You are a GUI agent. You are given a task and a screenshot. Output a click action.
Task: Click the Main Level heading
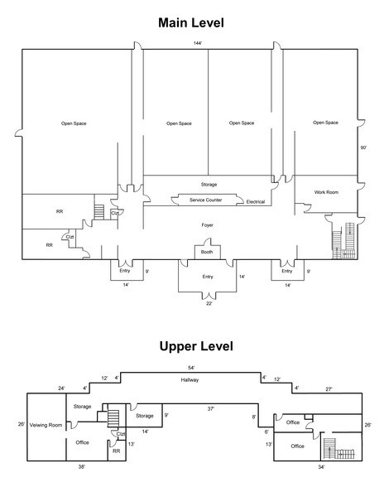191,22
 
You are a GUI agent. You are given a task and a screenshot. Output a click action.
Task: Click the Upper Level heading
196,346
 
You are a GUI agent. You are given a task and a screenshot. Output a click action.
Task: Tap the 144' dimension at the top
198,43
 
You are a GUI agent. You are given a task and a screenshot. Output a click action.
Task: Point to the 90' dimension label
363,147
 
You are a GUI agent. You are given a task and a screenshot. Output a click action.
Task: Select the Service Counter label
205,200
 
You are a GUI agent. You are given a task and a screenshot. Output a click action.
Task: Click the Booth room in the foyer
208,252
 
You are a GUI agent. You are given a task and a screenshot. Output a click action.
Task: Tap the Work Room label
326,192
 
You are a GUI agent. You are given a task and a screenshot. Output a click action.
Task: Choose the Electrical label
256,202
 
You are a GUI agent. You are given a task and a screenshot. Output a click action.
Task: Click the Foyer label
208,225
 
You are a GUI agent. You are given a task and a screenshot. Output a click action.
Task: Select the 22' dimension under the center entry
209,304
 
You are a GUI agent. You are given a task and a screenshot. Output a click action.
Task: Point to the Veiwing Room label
46,425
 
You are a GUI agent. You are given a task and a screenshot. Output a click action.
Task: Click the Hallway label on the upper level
190,380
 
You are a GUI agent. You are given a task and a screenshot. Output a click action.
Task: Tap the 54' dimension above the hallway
191,368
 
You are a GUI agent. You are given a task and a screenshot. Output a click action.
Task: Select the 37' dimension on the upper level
211,409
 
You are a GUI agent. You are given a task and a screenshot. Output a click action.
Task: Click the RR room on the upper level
117,451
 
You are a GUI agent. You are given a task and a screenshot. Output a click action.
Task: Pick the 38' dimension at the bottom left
82,466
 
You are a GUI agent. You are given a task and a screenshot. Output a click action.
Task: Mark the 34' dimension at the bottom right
321,467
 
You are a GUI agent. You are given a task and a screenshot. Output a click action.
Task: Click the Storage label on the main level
209,185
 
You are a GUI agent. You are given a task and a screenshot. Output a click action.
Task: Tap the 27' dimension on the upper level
329,389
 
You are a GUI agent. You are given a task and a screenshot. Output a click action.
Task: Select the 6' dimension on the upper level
266,432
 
